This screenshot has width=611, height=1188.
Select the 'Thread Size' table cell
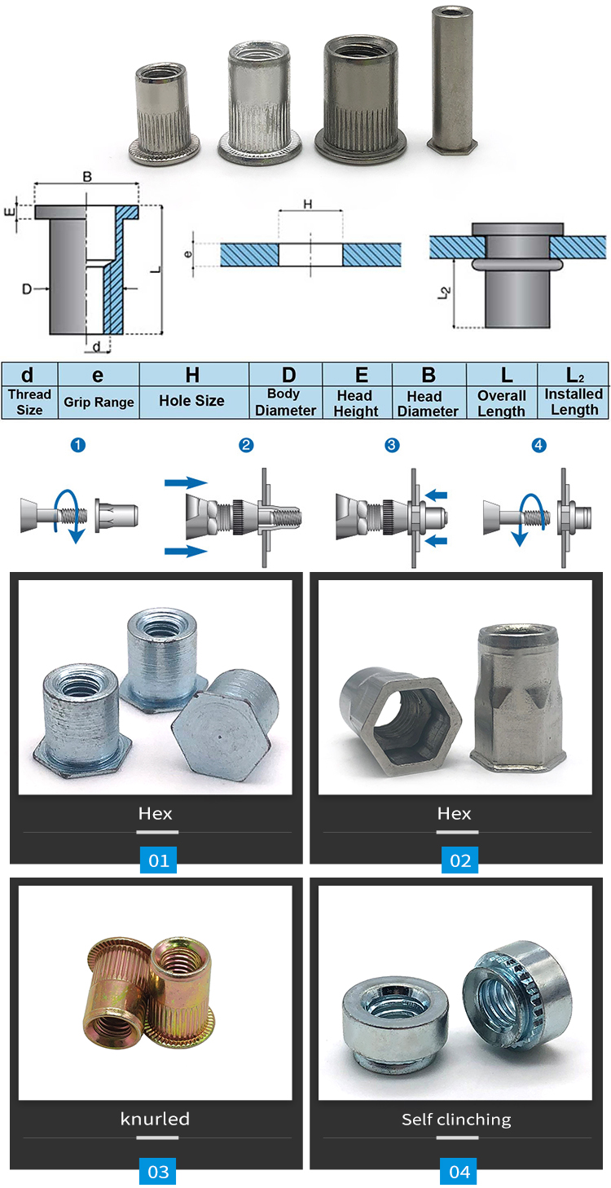29,392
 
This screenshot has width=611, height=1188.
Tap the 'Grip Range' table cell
98,392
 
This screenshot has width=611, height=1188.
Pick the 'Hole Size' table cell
192,392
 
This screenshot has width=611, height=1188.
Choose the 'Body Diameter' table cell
285,392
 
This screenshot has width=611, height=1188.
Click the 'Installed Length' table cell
574,392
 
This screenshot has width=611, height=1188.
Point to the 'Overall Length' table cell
501,392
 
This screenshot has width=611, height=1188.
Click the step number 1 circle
78,445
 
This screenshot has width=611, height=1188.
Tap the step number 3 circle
392,445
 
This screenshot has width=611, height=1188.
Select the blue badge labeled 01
158,860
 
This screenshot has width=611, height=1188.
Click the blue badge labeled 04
459,1172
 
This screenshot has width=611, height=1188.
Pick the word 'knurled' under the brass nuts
155,1119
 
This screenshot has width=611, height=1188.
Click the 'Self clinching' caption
456,1119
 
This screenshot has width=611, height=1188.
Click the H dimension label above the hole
308,204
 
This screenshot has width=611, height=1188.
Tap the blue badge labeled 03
158,1172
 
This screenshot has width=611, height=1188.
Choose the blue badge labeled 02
459,860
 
